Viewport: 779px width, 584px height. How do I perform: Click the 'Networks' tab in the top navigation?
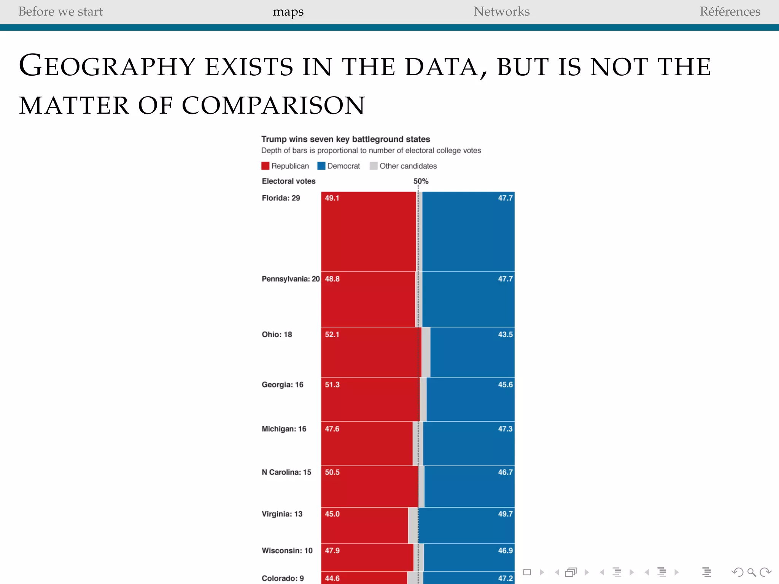point(501,11)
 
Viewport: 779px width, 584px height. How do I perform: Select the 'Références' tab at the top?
point(730,11)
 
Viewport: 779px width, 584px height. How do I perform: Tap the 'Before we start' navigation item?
point(60,11)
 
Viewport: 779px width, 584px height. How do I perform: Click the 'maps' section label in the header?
point(288,12)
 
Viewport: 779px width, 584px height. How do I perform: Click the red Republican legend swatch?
point(265,166)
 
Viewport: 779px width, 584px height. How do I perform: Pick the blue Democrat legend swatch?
point(321,166)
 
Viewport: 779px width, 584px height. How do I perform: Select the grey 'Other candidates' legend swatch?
point(374,166)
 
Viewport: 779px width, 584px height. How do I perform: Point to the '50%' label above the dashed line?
point(421,181)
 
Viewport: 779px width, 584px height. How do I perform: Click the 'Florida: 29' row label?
point(281,198)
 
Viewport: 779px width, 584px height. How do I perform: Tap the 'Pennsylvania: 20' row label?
point(291,279)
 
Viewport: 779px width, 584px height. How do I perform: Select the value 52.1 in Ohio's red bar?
point(332,334)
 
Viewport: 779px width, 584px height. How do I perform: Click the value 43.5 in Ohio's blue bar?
point(505,334)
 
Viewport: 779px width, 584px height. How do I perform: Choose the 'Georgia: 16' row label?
point(282,384)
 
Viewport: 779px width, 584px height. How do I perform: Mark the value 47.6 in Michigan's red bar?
point(332,428)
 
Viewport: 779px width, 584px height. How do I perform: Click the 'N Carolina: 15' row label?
point(286,472)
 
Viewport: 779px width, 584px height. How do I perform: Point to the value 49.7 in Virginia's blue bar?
point(505,514)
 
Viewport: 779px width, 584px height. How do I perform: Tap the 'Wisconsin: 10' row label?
point(287,550)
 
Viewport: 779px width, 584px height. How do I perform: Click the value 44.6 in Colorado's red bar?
point(332,578)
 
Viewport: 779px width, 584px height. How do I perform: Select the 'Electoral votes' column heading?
point(288,181)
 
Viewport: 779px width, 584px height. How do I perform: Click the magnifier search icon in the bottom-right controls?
point(751,572)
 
